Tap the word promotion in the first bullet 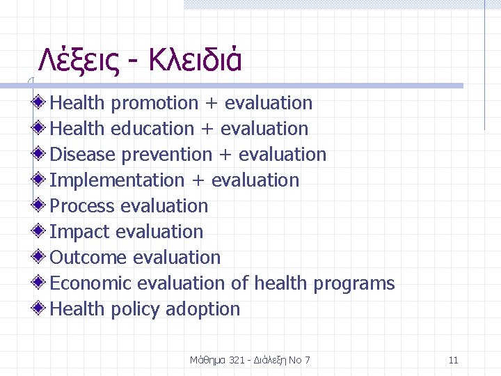click(x=154, y=104)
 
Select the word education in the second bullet click(x=152, y=130)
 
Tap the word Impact click(x=79, y=233)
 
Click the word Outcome click(x=88, y=258)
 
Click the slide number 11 click(x=454, y=360)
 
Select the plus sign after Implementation click(x=198, y=181)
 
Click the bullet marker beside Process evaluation click(x=41, y=205)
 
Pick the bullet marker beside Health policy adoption click(x=41, y=308)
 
